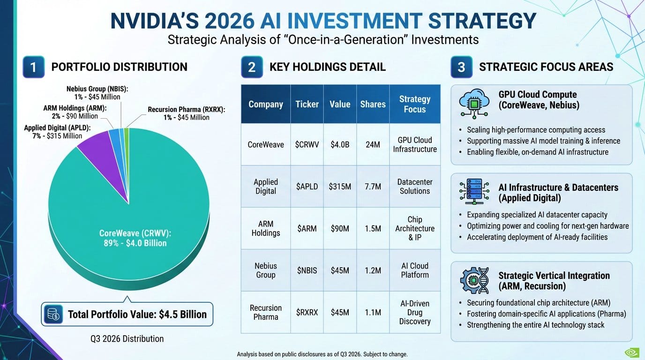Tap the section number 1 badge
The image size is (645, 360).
click(x=33, y=67)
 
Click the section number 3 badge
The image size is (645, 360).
click(x=461, y=67)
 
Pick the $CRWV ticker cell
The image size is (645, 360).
click(x=307, y=144)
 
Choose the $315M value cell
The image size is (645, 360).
click(x=340, y=187)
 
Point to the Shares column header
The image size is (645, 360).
click(x=373, y=104)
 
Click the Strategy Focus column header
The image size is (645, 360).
click(x=415, y=104)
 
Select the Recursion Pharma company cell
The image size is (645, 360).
click(x=266, y=312)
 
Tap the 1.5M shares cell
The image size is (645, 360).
click(x=373, y=228)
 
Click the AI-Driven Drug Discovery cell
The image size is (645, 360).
click(x=415, y=312)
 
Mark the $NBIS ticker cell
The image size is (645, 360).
click(x=307, y=270)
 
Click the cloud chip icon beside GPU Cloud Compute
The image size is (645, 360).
click(x=474, y=103)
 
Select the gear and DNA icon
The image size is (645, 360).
click(x=474, y=280)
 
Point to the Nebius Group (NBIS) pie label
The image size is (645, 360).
click(x=97, y=93)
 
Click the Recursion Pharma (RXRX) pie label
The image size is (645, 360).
click(x=187, y=113)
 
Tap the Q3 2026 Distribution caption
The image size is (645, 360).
click(x=127, y=338)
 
